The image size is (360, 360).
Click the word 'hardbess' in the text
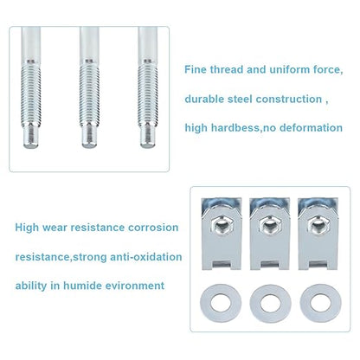[235, 127]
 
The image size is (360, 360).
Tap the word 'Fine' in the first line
[196, 69]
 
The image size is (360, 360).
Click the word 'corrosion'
[153, 228]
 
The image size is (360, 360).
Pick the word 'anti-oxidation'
[146, 257]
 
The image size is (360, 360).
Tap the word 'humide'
[82, 286]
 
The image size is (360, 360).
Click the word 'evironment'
[135, 286]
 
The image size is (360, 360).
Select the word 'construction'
[289, 99]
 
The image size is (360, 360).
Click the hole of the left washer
[221, 303]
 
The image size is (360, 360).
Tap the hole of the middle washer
[270, 303]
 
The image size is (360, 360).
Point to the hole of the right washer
[320, 303]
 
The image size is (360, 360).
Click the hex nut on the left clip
[221, 226]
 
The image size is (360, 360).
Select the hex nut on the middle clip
[270, 226]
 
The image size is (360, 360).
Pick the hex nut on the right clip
[318, 226]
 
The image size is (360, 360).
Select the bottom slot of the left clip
[221, 264]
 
